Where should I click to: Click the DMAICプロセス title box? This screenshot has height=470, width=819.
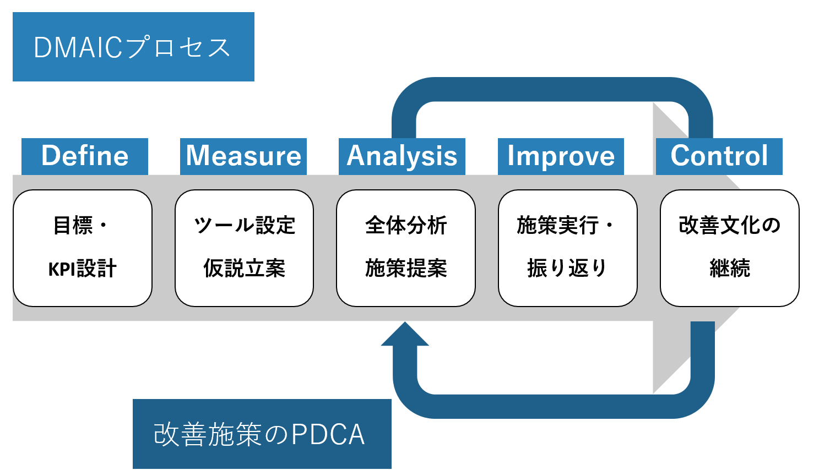[x=133, y=47]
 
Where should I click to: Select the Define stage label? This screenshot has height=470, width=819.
[x=85, y=156]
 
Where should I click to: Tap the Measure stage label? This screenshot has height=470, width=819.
[x=243, y=156]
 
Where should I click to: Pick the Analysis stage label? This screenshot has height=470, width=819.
[x=402, y=156]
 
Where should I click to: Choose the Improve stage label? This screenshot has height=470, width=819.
[x=561, y=156]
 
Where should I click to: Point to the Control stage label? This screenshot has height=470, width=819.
[x=719, y=156]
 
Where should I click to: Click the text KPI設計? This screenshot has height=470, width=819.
[x=83, y=269]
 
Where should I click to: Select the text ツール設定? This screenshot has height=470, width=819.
[x=244, y=225]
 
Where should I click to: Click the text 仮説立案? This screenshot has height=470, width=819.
[x=244, y=269]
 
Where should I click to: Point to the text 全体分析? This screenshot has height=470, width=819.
[x=406, y=225]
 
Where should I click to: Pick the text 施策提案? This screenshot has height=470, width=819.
[x=406, y=269]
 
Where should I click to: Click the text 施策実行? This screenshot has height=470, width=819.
[x=557, y=225]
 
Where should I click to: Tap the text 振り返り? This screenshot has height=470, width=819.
[x=567, y=269]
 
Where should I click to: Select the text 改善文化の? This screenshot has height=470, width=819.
[x=730, y=225]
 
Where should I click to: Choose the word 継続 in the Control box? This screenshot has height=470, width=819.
[x=730, y=269]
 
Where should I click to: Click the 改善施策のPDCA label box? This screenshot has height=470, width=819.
[x=262, y=434]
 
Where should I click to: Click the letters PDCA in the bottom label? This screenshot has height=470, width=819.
[x=328, y=435]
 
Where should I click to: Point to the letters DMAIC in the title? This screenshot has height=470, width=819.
[x=78, y=47]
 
